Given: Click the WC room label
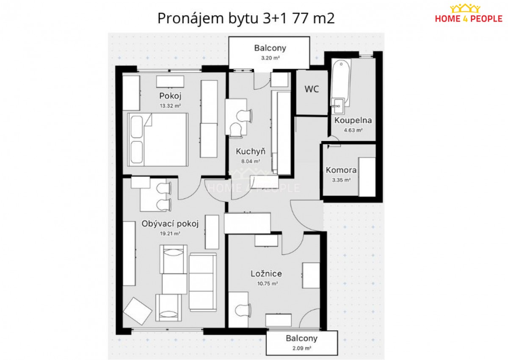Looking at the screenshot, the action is [x=312, y=89].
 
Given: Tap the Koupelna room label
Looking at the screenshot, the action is [x=353, y=120].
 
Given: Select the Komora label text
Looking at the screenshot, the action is [x=341, y=170].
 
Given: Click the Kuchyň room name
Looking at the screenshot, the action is [x=251, y=151].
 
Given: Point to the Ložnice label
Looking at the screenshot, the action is [x=266, y=274].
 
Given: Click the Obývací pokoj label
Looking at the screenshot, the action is [x=170, y=224].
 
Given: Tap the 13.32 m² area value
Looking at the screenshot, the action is [x=170, y=106].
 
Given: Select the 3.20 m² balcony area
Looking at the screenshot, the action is [x=270, y=58].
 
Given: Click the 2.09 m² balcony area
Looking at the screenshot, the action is [x=301, y=348].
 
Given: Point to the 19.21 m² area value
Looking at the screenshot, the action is [x=170, y=233].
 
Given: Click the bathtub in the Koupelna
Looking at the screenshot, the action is [x=341, y=83].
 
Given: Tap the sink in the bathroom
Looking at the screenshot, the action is [x=338, y=106].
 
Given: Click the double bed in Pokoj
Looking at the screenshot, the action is [x=157, y=139].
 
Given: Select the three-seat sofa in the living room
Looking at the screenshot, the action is [x=202, y=282].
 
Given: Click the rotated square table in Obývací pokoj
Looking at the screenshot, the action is [x=138, y=309].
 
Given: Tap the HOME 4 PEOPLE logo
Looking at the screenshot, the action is [x=469, y=14].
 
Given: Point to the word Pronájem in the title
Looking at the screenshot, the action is [x=191, y=19].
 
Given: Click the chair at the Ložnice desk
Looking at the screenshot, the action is [x=243, y=310].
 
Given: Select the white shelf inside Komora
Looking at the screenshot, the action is [x=367, y=177].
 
